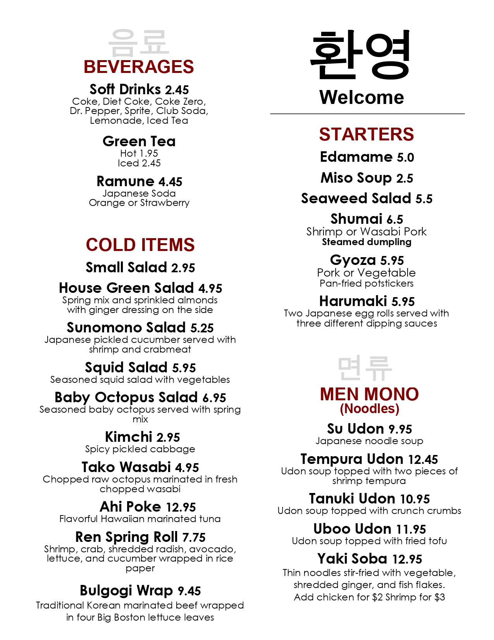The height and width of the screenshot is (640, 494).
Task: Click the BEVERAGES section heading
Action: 139,67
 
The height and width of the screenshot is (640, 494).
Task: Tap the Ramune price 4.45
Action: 170,182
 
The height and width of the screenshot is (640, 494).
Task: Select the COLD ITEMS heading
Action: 140,245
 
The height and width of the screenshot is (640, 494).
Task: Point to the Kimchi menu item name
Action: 129,437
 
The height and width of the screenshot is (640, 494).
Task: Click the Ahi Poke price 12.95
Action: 181,507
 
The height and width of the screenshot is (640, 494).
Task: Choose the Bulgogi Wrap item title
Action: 126,591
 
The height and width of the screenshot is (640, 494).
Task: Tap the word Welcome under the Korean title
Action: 361,97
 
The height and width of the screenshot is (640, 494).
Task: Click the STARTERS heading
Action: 367,135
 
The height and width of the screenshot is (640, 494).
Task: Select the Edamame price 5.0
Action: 405,157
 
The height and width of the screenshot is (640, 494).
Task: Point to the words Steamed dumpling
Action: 367,242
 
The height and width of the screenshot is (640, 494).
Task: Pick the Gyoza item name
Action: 353,260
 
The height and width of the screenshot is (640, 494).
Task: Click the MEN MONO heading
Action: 369,394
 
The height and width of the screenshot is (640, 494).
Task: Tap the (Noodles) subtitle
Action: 369,408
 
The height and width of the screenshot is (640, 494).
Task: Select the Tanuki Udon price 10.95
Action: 415,499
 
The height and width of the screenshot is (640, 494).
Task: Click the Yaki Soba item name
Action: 352,559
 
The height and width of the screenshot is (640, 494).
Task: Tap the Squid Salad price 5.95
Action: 184,368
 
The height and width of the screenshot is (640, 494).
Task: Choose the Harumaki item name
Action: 353,301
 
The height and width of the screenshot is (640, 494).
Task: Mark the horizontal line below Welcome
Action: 367,114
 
